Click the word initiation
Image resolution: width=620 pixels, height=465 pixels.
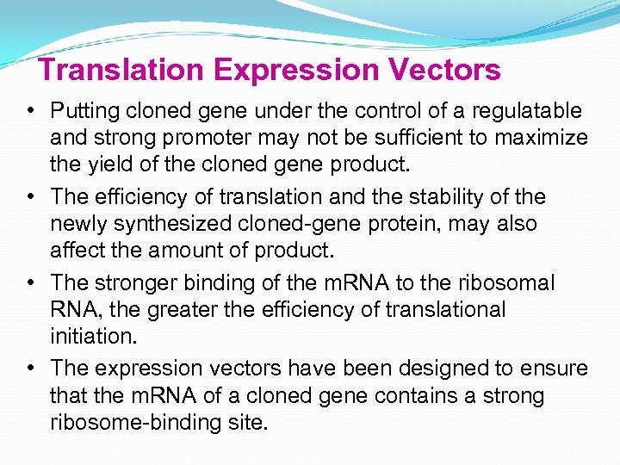(x=87, y=335)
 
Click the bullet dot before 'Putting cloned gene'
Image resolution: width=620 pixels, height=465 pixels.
(x=30, y=111)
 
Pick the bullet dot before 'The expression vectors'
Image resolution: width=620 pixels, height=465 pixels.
(x=30, y=369)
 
